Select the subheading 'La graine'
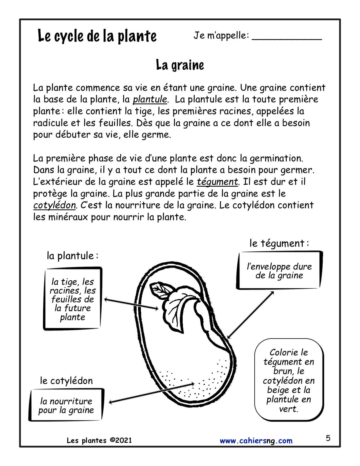click(x=180, y=65)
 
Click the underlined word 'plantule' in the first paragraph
click(x=150, y=99)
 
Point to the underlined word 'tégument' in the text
click(x=217, y=182)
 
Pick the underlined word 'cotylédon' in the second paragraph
click(x=54, y=205)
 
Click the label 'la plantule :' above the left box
click(x=73, y=256)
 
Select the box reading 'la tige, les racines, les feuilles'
click(x=73, y=299)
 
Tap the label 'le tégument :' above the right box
click(x=279, y=243)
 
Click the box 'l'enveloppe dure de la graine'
click(x=279, y=271)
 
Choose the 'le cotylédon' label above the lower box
click(x=66, y=381)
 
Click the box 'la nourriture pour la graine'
click(x=66, y=405)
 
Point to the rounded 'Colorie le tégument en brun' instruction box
click(x=289, y=380)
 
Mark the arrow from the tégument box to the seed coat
click(x=250, y=315)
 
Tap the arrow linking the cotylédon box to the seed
click(x=152, y=393)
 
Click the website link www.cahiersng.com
click(x=256, y=441)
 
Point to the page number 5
click(x=328, y=438)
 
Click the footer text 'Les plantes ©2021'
click(x=99, y=440)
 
